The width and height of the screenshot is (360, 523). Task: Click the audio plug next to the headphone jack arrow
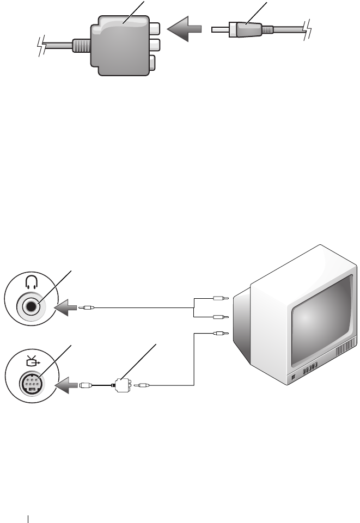[x=87, y=308]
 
